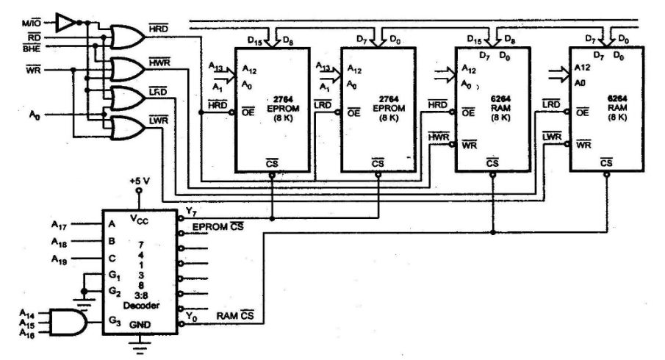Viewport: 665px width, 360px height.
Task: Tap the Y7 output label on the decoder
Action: tap(192, 213)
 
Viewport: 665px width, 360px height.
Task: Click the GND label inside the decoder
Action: tap(138, 324)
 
